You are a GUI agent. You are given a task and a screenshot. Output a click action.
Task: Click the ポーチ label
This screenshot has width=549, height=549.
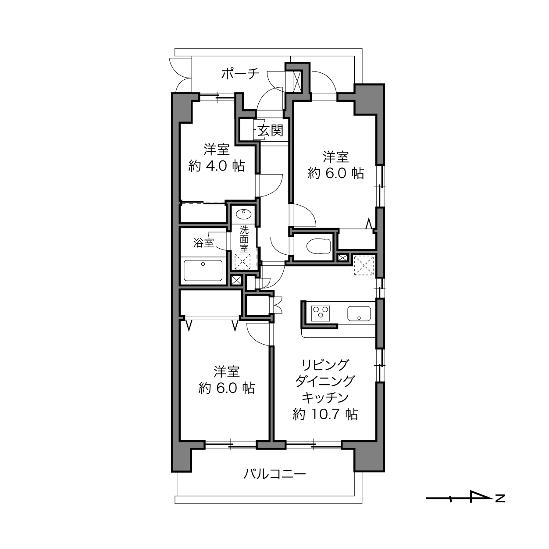[240, 74]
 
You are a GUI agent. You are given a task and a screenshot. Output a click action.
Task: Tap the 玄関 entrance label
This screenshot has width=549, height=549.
[271, 131]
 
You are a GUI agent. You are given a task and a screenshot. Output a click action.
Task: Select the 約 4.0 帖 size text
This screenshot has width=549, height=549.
[217, 166]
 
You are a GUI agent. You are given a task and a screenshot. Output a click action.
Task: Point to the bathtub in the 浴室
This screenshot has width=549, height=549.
[203, 271]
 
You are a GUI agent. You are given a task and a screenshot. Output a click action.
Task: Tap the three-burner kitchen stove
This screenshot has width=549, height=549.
[321, 313]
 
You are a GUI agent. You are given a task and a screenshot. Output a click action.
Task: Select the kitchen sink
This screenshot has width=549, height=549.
[359, 314]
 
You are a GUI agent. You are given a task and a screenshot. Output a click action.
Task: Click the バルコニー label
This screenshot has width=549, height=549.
[274, 474]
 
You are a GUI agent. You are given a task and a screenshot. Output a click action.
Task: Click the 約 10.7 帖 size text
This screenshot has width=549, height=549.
[325, 414]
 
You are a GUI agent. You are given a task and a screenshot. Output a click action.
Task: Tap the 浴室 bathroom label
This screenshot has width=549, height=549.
[203, 243]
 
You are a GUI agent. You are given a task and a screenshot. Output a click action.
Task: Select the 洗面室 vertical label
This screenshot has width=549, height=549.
[244, 239]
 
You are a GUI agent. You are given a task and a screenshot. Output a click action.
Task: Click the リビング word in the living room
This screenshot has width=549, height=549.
[325, 365]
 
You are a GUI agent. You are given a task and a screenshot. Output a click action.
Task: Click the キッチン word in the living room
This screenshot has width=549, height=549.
[325, 398]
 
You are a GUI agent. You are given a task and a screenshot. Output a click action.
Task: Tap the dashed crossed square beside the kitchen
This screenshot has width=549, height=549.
[364, 265]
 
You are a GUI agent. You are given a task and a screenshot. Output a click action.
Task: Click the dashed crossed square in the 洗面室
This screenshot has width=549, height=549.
[242, 262]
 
